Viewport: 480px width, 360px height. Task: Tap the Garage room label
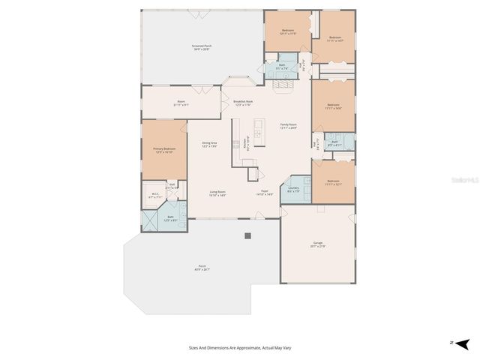[x=318, y=244]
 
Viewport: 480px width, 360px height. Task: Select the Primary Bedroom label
[x=164, y=150]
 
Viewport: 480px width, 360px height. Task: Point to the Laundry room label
[x=293, y=190]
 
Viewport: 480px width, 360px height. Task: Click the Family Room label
[x=289, y=126]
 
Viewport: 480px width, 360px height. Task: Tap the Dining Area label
[x=209, y=145]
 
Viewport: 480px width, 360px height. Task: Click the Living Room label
[x=217, y=193]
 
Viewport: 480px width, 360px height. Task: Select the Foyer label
[x=265, y=193]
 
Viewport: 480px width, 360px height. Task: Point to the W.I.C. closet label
[x=155, y=196]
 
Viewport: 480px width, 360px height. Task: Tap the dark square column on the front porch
[x=247, y=235]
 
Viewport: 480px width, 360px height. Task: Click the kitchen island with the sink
[x=258, y=132]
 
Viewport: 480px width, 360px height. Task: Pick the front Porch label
[x=202, y=268]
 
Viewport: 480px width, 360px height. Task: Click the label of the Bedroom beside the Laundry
[x=334, y=183]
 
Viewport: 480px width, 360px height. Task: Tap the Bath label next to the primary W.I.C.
[x=171, y=218]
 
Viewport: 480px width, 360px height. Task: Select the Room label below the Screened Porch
[x=181, y=103]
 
